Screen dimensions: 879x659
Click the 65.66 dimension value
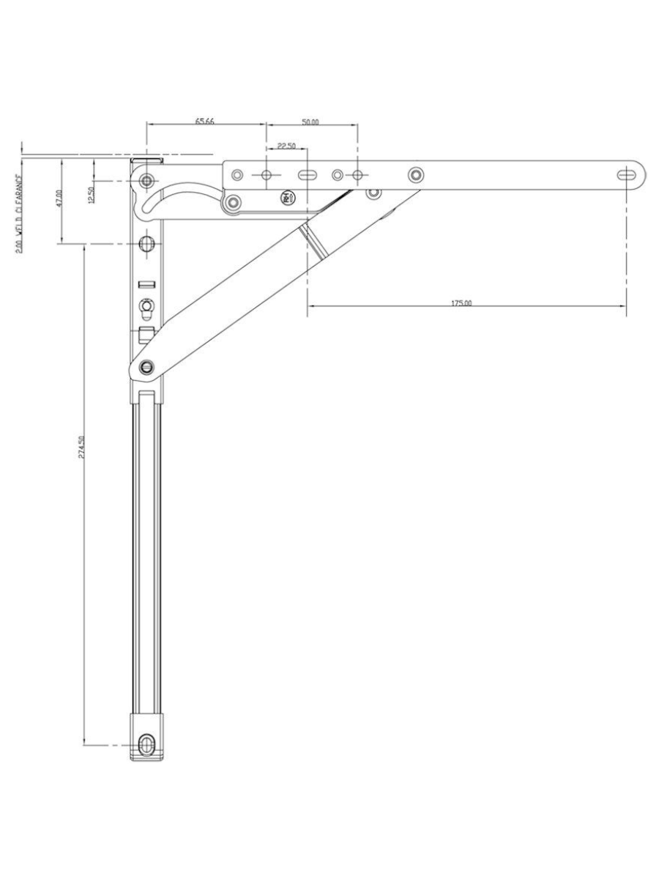pos(204,121)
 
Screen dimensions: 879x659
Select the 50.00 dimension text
pos(310,122)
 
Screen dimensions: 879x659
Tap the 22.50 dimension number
pos(286,146)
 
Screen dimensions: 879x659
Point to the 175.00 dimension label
pos(461,303)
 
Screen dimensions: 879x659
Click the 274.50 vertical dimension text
pos(82,448)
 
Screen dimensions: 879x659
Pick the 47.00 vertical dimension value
pos(59,199)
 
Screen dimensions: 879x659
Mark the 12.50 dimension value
pos(92,196)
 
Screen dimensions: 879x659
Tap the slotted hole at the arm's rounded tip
pos(628,174)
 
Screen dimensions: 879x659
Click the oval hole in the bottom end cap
pos(147,745)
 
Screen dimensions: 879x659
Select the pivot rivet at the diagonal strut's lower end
pos(147,366)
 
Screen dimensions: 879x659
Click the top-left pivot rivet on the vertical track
pos(148,180)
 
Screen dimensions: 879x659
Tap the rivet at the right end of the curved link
pos(234,201)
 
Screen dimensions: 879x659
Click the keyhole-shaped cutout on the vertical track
pos(146,308)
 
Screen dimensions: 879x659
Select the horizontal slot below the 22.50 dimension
pos(306,175)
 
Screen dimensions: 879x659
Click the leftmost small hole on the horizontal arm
pos(237,175)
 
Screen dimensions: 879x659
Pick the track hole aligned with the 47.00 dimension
pos(147,243)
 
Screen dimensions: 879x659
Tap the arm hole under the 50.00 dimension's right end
pos(357,175)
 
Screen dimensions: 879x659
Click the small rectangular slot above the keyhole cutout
pos(147,284)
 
